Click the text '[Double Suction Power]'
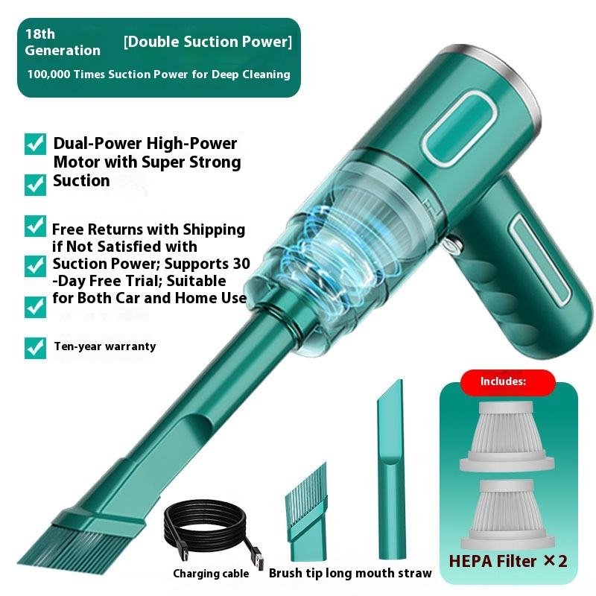[208, 42]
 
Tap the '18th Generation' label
[63, 42]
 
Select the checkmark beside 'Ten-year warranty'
[35, 348]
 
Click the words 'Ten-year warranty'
[105, 346]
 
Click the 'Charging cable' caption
[211, 574]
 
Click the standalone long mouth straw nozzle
[390, 469]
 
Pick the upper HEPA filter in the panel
[507, 437]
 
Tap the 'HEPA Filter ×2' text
[508, 561]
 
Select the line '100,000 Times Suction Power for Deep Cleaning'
[159, 74]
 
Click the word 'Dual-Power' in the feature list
[98, 144]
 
